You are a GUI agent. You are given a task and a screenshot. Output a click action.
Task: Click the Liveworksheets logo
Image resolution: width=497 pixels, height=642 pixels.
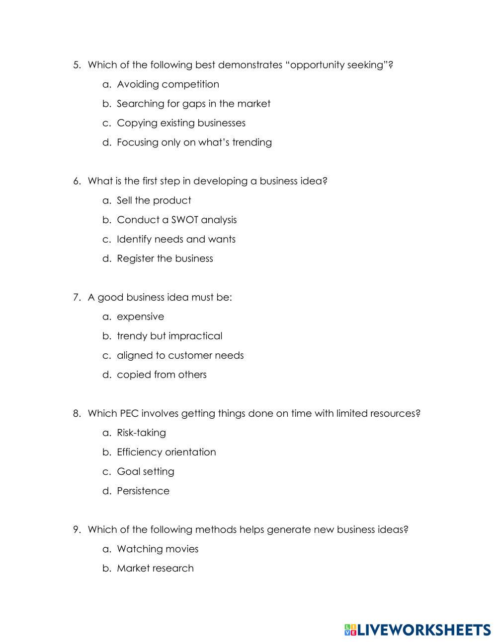point(417,630)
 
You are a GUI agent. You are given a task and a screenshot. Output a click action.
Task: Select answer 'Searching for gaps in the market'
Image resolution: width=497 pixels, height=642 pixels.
point(193,104)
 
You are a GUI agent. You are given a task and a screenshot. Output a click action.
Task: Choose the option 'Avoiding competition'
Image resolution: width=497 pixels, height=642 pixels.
point(167,84)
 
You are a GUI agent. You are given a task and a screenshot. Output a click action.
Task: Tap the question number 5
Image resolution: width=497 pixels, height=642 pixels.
point(77,65)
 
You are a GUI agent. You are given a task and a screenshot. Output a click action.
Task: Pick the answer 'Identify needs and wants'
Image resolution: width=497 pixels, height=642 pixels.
point(176,239)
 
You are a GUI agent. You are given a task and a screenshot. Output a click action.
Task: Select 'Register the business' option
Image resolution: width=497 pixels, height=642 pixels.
point(165,258)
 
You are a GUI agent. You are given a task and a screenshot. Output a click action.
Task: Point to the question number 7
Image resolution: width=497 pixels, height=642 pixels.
point(77,297)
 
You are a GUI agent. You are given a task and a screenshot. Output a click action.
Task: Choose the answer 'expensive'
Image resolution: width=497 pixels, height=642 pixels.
point(140,317)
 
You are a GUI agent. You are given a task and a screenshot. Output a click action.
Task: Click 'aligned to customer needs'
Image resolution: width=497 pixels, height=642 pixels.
point(180,355)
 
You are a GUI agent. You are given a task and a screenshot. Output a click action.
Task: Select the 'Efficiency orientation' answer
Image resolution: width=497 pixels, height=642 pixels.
point(166,452)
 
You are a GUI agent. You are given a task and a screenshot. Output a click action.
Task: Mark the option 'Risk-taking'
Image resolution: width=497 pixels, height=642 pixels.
point(141,433)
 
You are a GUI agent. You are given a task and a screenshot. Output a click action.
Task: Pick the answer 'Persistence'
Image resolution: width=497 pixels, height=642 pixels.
point(143,491)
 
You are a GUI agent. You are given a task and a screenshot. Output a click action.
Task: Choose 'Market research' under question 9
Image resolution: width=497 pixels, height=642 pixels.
point(155,568)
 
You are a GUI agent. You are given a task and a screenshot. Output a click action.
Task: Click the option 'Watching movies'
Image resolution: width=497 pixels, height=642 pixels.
point(157,549)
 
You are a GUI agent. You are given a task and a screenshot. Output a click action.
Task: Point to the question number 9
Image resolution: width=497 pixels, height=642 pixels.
point(77,529)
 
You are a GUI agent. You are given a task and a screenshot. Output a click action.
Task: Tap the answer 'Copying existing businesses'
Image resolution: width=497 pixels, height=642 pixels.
point(181,123)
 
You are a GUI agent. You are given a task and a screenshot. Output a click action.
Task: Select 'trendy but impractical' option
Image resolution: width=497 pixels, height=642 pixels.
point(169,336)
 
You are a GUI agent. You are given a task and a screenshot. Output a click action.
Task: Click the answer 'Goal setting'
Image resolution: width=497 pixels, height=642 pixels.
point(145,471)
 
